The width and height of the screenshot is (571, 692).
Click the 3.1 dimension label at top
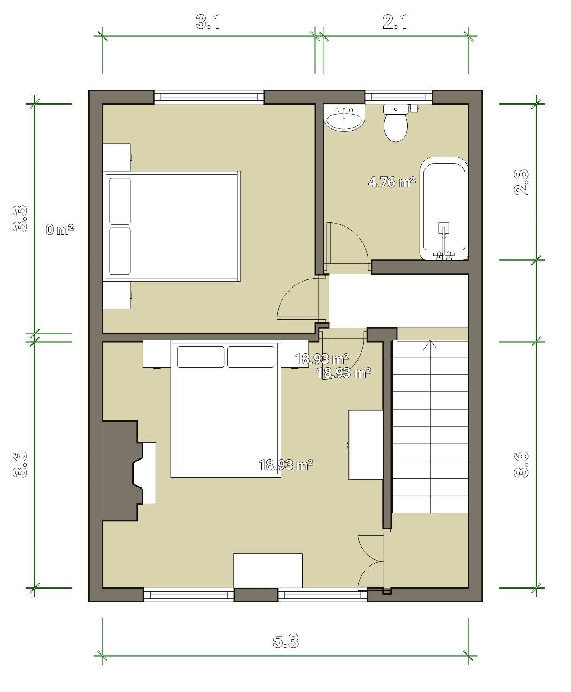[x=208, y=22]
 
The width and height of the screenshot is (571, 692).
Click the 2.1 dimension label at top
[x=395, y=22]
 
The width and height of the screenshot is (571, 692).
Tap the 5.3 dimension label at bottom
[x=286, y=641]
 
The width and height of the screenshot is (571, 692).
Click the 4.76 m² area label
[x=392, y=182]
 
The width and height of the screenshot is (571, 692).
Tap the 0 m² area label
[x=60, y=230]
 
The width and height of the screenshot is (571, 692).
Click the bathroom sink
[x=345, y=117]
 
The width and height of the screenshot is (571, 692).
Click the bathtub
[x=444, y=208]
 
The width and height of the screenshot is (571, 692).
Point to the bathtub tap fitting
[x=444, y=242]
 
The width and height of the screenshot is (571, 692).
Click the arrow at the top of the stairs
[x=430, y=345]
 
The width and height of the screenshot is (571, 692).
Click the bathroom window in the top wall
[x=399, y=97]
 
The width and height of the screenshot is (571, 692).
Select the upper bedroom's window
[x=209, y=97]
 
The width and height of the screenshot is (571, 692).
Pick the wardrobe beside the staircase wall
[x=366, y=445]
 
